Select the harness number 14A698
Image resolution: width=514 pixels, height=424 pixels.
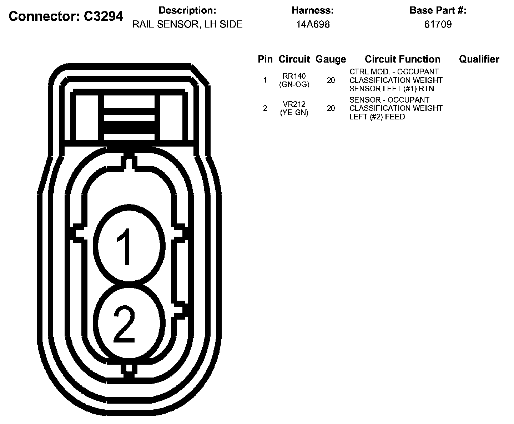pos(313,24)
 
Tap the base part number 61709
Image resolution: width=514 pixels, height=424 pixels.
pos(438,24)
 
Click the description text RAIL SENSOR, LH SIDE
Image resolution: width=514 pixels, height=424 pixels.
pos(187,24)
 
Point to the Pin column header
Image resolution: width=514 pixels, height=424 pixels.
pos(265,59)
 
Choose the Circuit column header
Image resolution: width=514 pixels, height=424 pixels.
pos(294,59)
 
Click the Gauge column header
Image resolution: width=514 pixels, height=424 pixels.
pos(331,59)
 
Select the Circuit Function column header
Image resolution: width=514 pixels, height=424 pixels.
pos(403,59)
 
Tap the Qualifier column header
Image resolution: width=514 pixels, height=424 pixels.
pos(479,59)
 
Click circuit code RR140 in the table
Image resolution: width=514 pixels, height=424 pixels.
pos(294,76)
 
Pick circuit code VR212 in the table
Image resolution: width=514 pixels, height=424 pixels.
pos(294,104)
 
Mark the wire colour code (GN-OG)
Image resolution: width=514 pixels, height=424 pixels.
pos(294,85)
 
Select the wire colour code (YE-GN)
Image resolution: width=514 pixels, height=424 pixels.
pos(294,113)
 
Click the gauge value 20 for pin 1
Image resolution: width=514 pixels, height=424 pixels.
pos(331,80)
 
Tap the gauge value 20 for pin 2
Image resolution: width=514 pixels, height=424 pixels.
pos(331,108)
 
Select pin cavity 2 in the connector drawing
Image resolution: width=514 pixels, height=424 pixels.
pos(127,322)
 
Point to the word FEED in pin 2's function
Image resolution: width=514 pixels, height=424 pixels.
pos(395,117)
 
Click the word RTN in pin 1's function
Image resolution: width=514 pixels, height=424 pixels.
pos(427,89)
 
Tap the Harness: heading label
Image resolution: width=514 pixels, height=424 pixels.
pos(313,11)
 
